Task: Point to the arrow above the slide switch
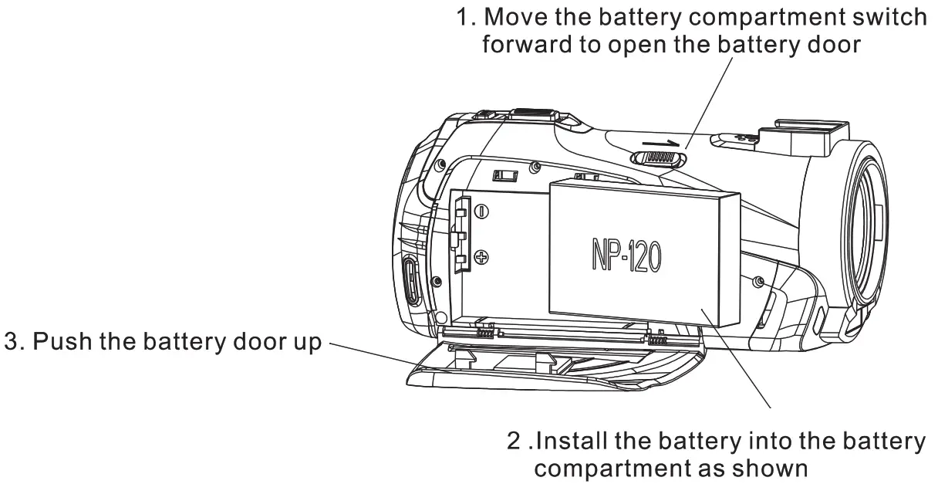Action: pyautogui.click(x=662, y=143)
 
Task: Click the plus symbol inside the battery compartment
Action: pyautogui.click(x=481, y=258)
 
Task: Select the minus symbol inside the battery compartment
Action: pyautogui.click(x=481, y=211)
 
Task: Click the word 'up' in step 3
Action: pyautogui.click(x=302, y=342)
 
